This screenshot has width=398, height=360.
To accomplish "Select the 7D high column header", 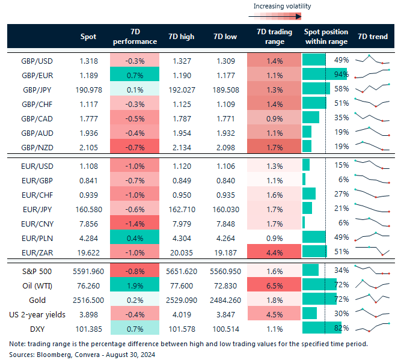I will (x=182, y=37).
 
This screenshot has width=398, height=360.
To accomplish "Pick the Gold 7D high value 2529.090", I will (x=183, y=299).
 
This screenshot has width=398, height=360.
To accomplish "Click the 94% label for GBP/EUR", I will (x=341, y=75).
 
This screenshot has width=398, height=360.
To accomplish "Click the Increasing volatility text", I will (x=282, y=7).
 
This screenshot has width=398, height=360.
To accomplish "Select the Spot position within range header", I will (x=325, y=37).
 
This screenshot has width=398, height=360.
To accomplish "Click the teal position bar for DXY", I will (x=317, y=328).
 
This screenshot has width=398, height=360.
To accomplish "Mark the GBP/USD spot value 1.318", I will (x=88, y=60).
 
